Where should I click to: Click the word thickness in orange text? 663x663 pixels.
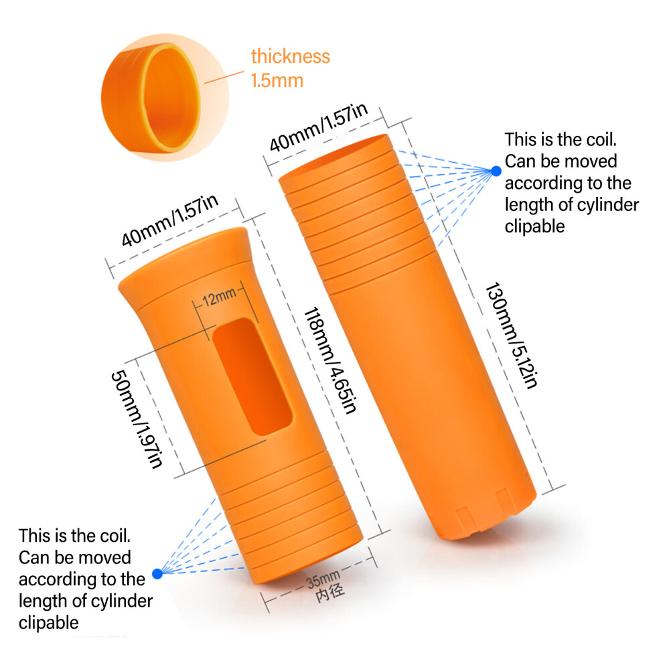point(290,56)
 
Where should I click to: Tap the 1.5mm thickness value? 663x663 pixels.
point(277,80)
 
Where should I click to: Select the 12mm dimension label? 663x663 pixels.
point(219,297)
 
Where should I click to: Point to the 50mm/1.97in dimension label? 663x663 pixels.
point(136,419)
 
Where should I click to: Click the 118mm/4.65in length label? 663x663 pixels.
point(331,360)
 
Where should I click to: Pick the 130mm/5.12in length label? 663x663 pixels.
point(512,335)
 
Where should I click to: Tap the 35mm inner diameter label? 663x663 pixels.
point(323,579)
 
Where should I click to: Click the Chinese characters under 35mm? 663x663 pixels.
point(330,593)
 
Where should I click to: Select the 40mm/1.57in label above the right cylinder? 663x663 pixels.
point(318,127)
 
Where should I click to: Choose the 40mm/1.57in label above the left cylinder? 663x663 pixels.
point(169,220)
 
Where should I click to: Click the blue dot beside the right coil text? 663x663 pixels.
point(496,171)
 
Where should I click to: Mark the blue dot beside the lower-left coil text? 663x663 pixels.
point(157,573)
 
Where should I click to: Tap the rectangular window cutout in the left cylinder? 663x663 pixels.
point(252,376)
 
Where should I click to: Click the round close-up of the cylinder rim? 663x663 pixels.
point(165,98)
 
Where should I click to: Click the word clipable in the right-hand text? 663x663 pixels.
point(534,226)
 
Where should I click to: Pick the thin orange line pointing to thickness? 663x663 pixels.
point(224,77)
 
